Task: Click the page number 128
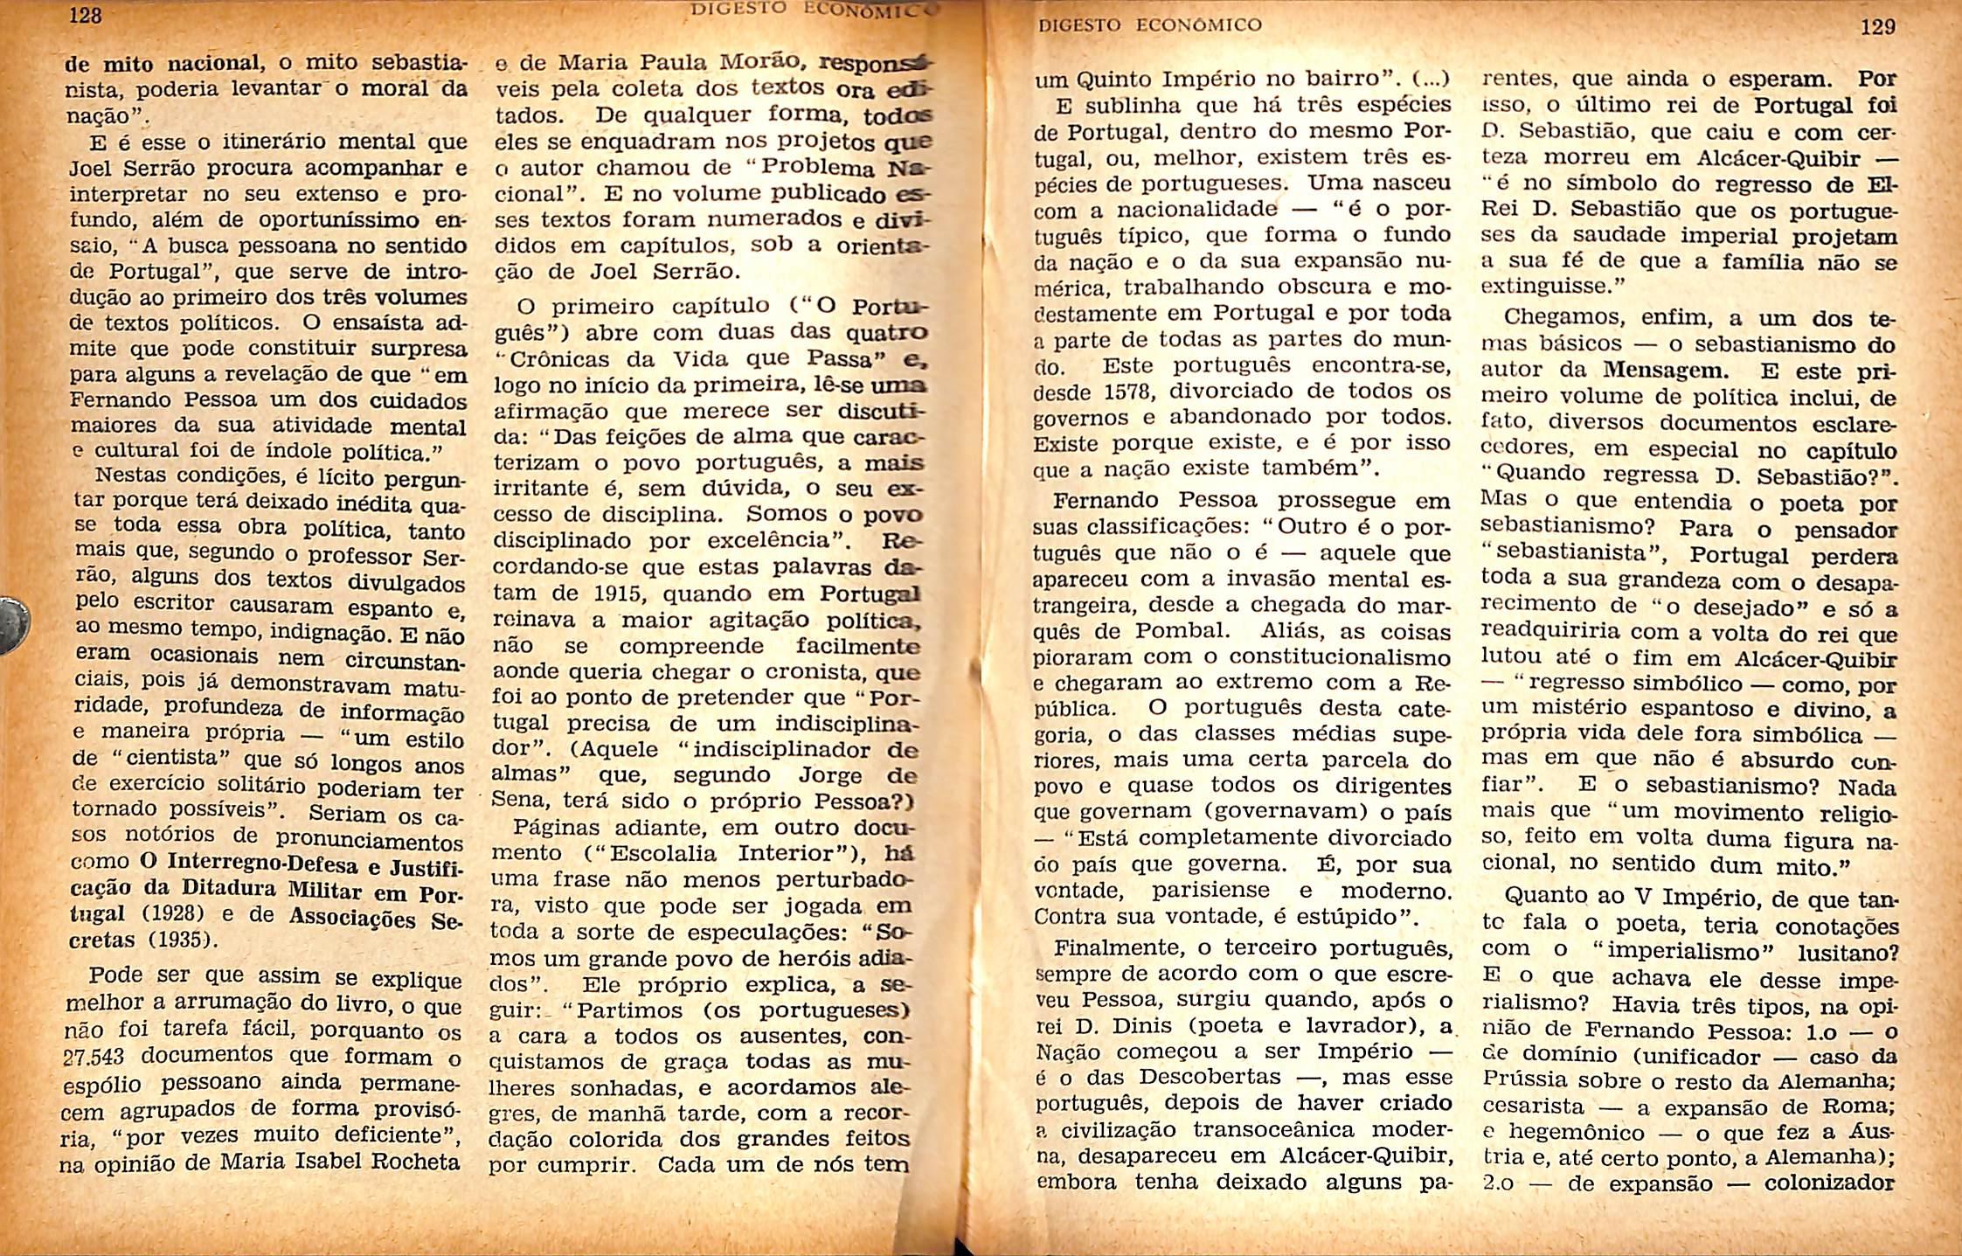pos(87,16)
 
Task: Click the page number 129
pos(1878,26)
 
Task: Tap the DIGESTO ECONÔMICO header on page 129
pos(1149,25)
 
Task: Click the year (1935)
pos(180,941)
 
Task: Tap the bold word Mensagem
pos(1672,371)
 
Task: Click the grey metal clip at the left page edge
pos(13,624)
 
